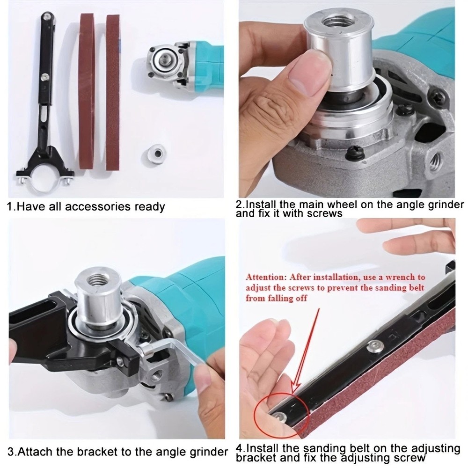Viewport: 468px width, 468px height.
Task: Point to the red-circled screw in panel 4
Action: click(280, 416)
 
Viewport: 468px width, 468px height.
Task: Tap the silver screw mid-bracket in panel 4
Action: click(373, 346)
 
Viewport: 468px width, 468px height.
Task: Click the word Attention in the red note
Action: click(265, 277)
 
